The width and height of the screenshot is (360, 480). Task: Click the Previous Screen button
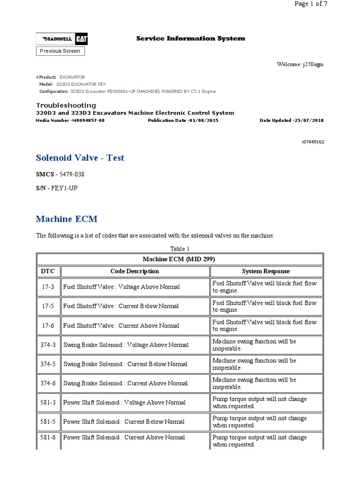click(60, 51)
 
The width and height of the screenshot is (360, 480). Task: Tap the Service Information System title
click(190, 38)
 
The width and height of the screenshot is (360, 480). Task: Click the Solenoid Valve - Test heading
click(80, 158)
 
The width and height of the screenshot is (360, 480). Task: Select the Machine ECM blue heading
click(67, 219)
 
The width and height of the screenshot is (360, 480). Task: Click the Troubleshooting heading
click(66, 105)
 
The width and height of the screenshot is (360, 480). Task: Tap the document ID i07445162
click(312, 141)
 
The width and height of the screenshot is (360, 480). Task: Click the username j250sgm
click(312, 64)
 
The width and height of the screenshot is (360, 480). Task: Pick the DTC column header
click(48, 271)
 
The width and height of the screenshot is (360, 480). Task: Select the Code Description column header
click(135, 271)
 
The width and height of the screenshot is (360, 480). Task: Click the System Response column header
click(265, 271)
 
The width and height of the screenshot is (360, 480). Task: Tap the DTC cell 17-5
click(48, 306)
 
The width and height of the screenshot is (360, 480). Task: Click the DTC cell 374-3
click(48, 345)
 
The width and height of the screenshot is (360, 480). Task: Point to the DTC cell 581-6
click(48, 437)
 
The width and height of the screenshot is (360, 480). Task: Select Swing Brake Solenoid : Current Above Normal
click(125, 383)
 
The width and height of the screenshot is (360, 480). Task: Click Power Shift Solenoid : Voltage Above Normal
click(124, 403)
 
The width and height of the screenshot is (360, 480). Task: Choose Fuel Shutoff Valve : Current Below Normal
click(121, 306)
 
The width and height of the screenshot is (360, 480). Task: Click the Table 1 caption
click(180, 249)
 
